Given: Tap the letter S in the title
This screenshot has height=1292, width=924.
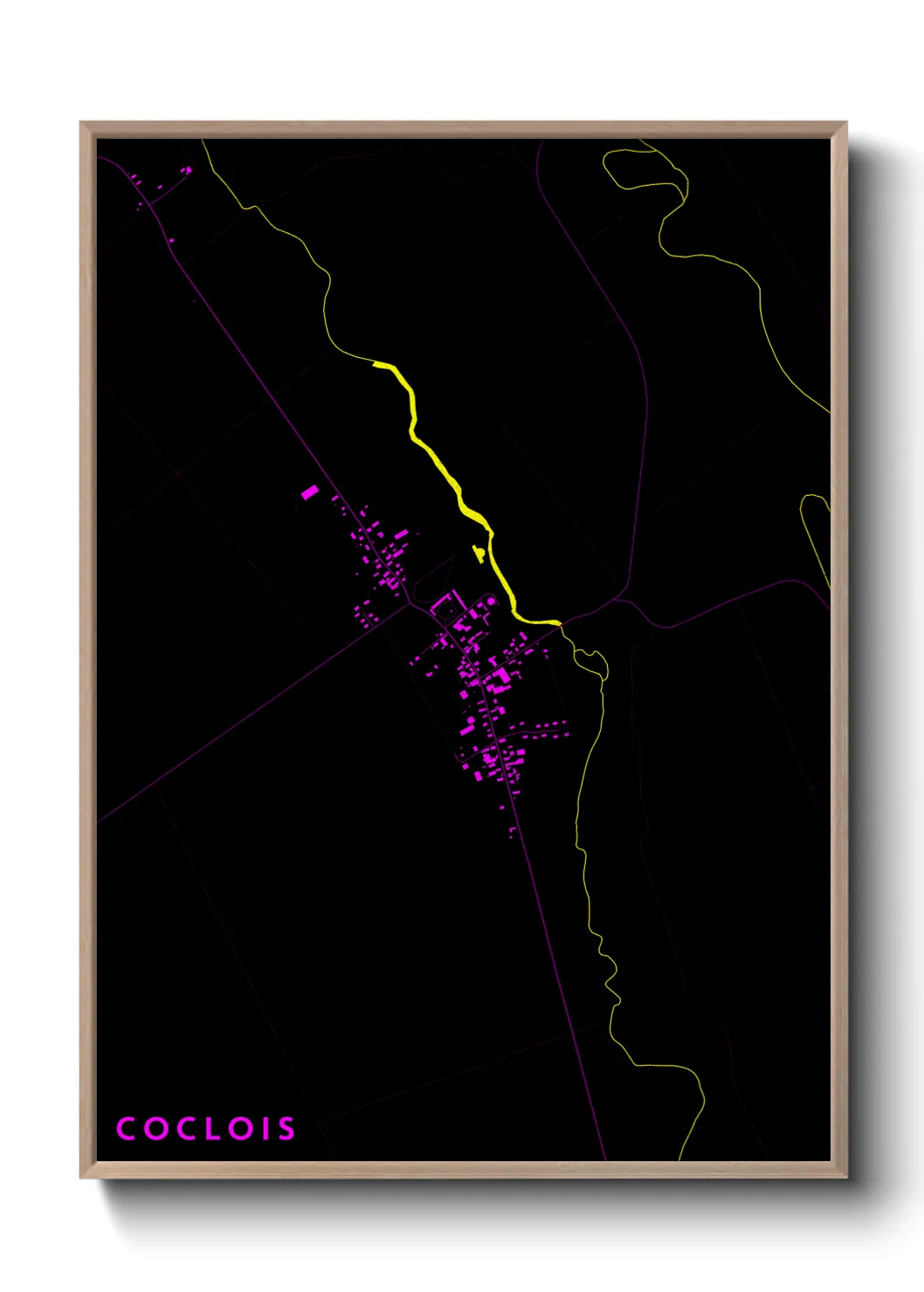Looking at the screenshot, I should [286, 1129].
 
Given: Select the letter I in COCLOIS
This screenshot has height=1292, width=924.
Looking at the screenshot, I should [267, 1129].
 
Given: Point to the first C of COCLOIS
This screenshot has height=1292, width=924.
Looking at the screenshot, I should [127, 1129].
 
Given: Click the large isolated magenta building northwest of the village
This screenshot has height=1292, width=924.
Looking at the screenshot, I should [309, 492].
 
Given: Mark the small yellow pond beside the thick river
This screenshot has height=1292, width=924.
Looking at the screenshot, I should [478, 553].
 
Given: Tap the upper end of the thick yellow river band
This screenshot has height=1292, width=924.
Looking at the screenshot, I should [377, 363].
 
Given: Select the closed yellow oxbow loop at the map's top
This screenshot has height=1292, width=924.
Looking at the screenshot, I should [642, 168].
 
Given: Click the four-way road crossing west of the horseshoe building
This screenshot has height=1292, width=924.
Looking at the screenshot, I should [410, 604].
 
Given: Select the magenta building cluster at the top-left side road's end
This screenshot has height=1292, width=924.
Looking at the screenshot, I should [186, 170].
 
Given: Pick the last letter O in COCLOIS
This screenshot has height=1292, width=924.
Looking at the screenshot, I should [242, 1129].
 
